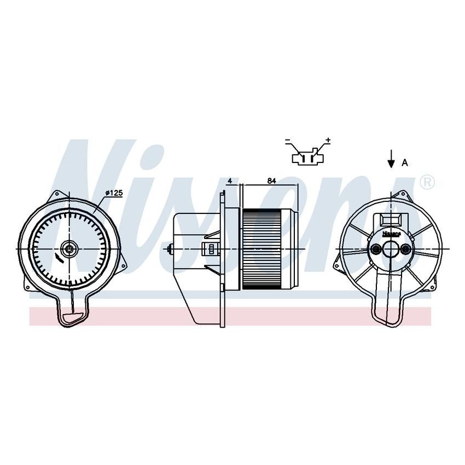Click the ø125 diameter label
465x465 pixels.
pos(114,193)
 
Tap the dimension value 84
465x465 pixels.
pos(271,181)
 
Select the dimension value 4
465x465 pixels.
pos(230,181)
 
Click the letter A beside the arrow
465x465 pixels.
pos(405,162)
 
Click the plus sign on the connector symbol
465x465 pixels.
pos(328,141)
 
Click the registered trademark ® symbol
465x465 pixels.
pos(428,182)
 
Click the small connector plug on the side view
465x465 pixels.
pos(208,249)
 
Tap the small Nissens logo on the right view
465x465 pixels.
pos(391,233)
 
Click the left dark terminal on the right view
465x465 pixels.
pos(376,249)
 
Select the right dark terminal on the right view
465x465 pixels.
pos(405,249)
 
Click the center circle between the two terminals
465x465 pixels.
pos(391,249)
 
